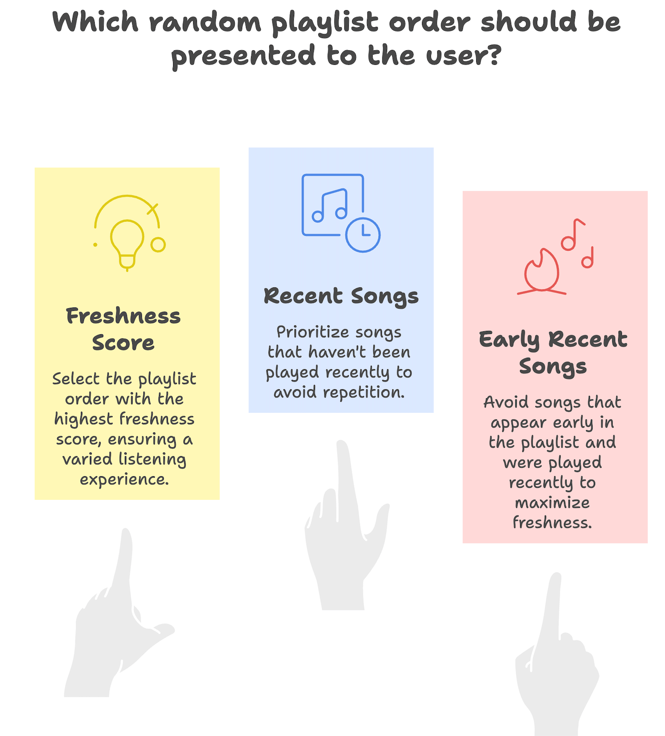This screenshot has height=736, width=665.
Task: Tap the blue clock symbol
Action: tap(363, 235)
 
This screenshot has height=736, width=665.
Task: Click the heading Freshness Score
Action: tap(123, 329)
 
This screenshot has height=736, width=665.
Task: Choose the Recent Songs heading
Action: tap(341, 296)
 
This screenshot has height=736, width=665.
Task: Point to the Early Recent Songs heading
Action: tap(553, 353)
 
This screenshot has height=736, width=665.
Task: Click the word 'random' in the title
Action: tap(205, 22)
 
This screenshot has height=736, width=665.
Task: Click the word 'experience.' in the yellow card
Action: tap(124, 480)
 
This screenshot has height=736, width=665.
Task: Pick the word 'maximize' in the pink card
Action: tap(552, 503)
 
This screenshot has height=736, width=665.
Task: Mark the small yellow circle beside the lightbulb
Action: tap(158, 245)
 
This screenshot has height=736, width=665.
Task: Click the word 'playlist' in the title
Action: tap(325, 23)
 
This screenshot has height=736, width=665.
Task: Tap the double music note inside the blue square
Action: tap(330, 206)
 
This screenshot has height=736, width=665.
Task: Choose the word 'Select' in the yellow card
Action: tap(76, 379)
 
